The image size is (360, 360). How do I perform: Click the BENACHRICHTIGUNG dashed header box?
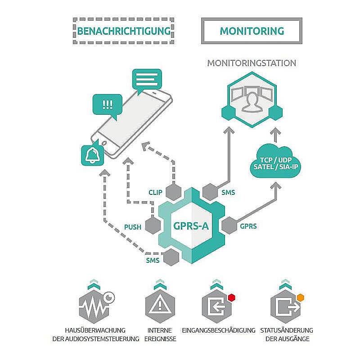pos(124,31)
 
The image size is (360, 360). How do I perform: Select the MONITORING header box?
pos(252,31)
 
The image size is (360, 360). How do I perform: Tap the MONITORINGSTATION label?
pos(252,63)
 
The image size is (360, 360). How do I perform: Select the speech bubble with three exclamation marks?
pos(108,105)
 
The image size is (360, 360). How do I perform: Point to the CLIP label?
pos(155,192)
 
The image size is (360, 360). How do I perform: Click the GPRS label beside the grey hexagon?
pos(248,226)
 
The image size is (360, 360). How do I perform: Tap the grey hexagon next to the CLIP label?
pos(174,192)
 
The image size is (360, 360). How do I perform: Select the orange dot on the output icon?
pos(300,297)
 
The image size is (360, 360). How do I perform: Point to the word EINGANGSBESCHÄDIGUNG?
pos(219,330)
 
